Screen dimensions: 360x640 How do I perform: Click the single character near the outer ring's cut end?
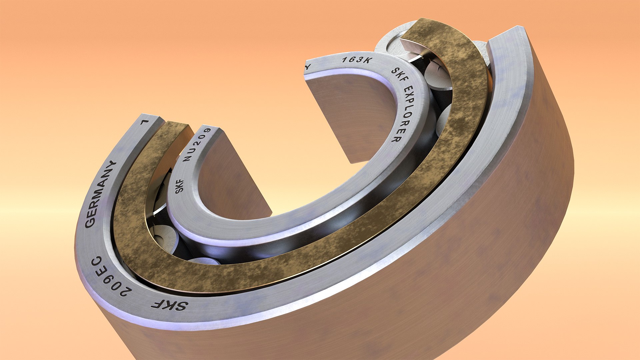144,122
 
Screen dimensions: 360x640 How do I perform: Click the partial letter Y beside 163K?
308,66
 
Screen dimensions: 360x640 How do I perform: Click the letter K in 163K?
368,61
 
